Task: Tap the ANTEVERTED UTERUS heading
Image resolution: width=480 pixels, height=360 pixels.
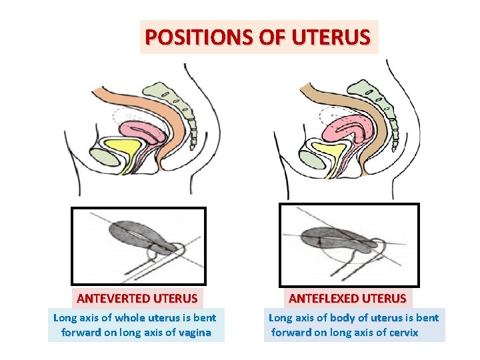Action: tap(137, 297)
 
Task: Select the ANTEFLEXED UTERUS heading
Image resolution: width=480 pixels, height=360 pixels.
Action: tap(347, 297)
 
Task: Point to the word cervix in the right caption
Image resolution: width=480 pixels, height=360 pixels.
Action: tap(404, 332)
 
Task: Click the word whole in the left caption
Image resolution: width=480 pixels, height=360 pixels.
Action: tap(129, 317)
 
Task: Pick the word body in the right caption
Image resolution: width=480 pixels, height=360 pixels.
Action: tap(343, 317)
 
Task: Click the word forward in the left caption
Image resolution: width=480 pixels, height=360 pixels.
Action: tap(81, 332)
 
